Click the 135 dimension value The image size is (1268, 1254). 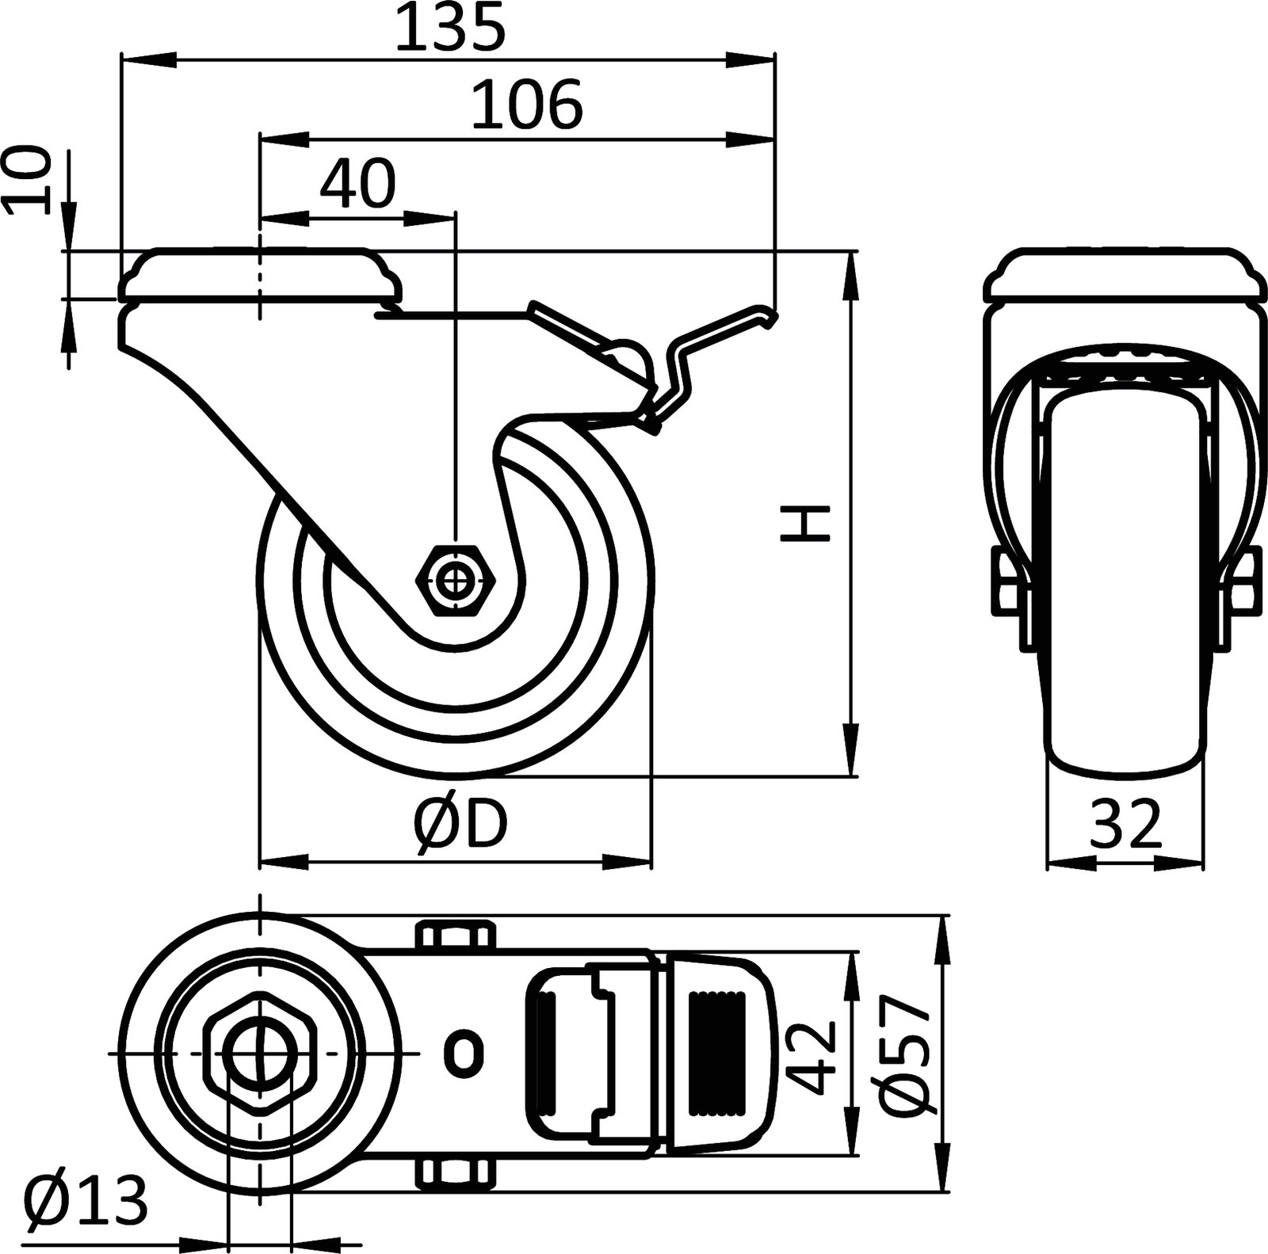[x=449, y=29]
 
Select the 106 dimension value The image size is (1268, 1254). [x=526, y=105]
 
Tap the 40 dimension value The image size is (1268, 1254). [x=357, y=184]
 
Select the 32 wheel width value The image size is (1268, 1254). [x=1125, y=825]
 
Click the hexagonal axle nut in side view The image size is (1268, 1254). [x=456, y=581]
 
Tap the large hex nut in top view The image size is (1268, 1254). [x=260, y=1054]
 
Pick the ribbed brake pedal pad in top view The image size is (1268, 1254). [x=717, y=1054]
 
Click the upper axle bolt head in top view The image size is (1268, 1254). [x=455, y=935]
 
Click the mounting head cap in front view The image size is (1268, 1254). [x=1125, y=275]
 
